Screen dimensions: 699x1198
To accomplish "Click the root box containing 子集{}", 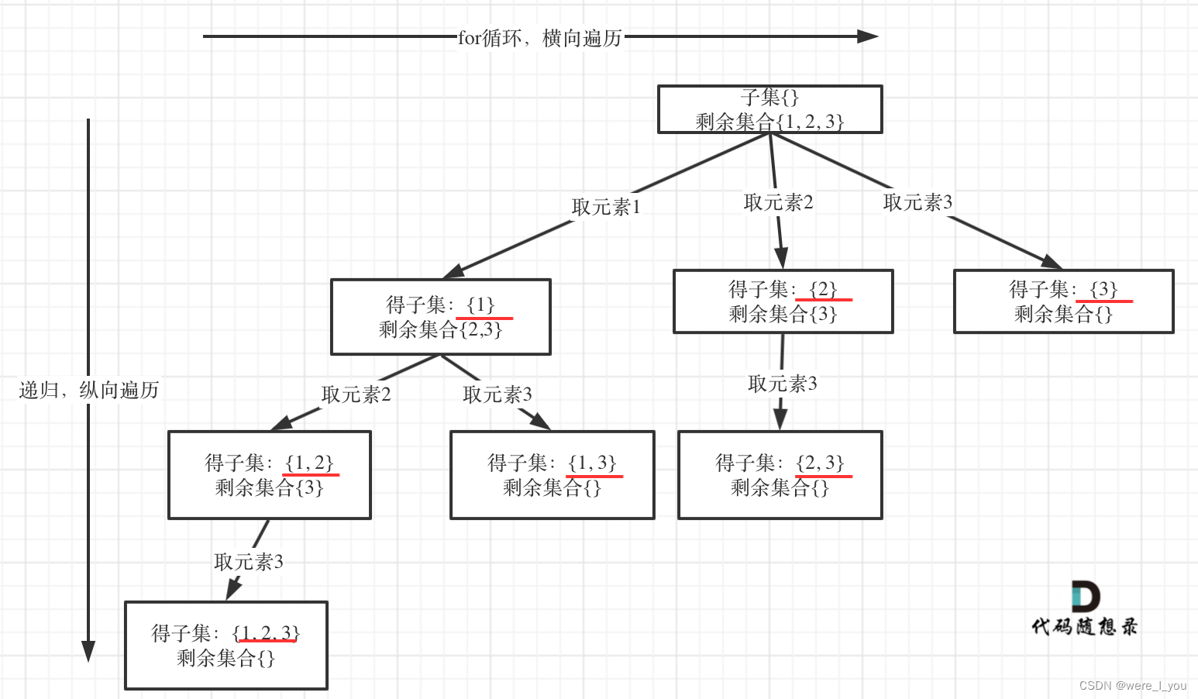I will [769, 109].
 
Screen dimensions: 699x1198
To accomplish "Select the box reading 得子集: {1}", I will [440, 317].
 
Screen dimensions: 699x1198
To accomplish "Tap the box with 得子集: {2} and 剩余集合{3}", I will [783, 301].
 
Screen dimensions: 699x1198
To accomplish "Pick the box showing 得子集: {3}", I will [1063, 301].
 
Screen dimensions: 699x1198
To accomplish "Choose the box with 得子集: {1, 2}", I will [269, 475].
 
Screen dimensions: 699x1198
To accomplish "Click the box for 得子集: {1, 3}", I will [552, 475].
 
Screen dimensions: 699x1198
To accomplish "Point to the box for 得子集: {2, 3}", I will [780, 475].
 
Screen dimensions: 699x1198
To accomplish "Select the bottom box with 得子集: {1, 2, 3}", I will [225, 646].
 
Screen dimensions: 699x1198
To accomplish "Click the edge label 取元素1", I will [606, 207].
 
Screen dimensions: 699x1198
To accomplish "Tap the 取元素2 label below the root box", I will [778, 202].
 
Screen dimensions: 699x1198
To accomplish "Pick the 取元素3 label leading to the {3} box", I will [917, 202].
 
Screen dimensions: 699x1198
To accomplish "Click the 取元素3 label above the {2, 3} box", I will [782, 384].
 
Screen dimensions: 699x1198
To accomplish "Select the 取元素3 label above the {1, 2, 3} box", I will [248, 561].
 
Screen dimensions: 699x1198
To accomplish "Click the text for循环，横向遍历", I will [540, 37].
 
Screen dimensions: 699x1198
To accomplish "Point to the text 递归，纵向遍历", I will [88, 390].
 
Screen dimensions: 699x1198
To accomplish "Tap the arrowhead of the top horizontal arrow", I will [868, 36].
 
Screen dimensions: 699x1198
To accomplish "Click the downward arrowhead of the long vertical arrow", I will [88, 651].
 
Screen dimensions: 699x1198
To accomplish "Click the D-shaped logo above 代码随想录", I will [1085, 596].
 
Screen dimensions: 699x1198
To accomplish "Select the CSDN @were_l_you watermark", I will [1132, 686].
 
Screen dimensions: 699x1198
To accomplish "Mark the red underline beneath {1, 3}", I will [594, 476].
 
